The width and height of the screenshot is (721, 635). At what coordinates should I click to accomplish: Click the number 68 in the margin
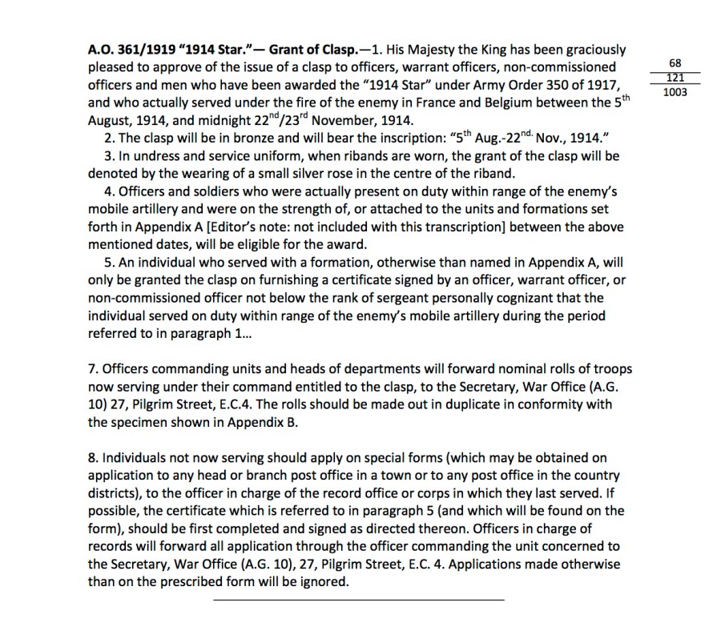tap(674, 64)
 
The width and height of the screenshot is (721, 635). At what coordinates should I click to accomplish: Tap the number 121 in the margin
tap(674, 78)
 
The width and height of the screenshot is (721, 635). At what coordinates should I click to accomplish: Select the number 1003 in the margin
tap(674, 92)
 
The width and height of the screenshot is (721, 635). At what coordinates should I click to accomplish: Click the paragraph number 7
tap(92, 369)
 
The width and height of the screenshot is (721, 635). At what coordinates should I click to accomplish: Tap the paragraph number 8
tap(92, 458)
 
